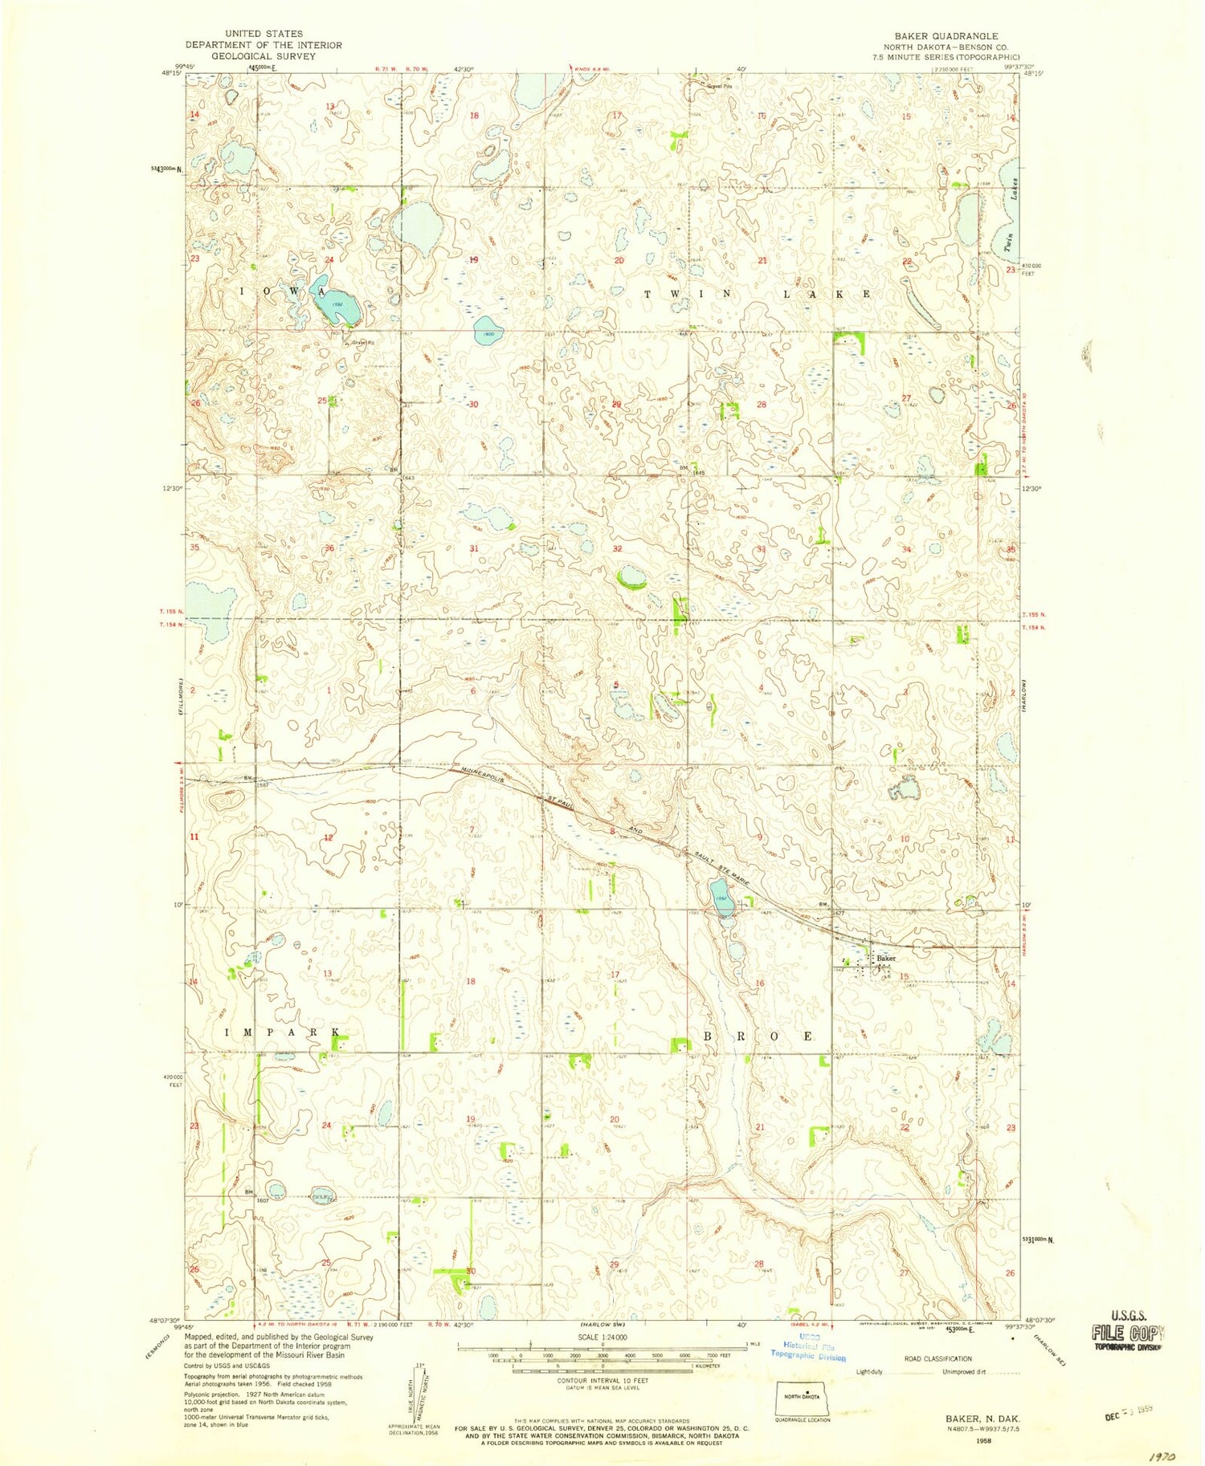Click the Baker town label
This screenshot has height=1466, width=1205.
(x=885, y=958)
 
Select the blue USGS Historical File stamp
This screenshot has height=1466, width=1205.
(x=807, y=1350)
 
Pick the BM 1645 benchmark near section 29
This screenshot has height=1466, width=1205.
(x=689, y=470)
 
